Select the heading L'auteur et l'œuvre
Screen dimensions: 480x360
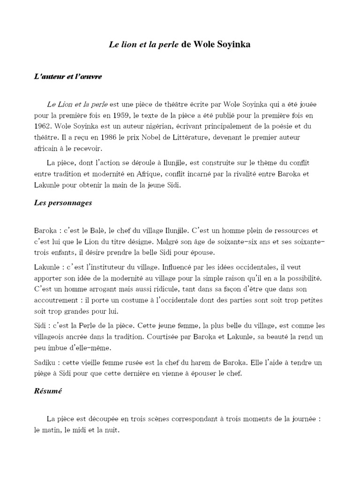point(68,76)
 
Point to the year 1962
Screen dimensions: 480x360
point(43,126)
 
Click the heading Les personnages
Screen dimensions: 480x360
point(63,203)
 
